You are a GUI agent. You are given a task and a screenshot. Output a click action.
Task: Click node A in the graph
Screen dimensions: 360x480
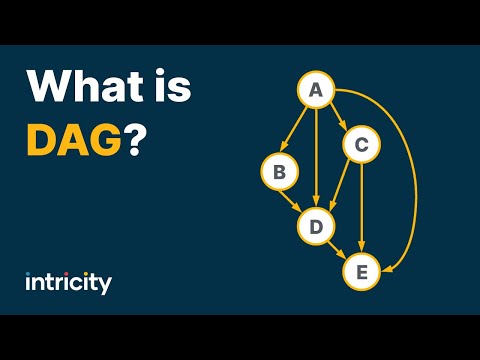tap(317, 90)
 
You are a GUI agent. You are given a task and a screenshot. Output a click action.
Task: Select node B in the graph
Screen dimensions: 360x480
tap(279, 173)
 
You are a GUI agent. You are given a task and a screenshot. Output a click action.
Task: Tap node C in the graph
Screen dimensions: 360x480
tap(361, 146)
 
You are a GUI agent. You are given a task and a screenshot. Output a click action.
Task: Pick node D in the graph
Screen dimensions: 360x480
tap(316, 227)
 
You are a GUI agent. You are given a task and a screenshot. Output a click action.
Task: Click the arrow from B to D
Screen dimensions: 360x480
tap(297, 199)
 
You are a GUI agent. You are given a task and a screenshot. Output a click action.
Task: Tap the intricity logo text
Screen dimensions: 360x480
tap(68, 283)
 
